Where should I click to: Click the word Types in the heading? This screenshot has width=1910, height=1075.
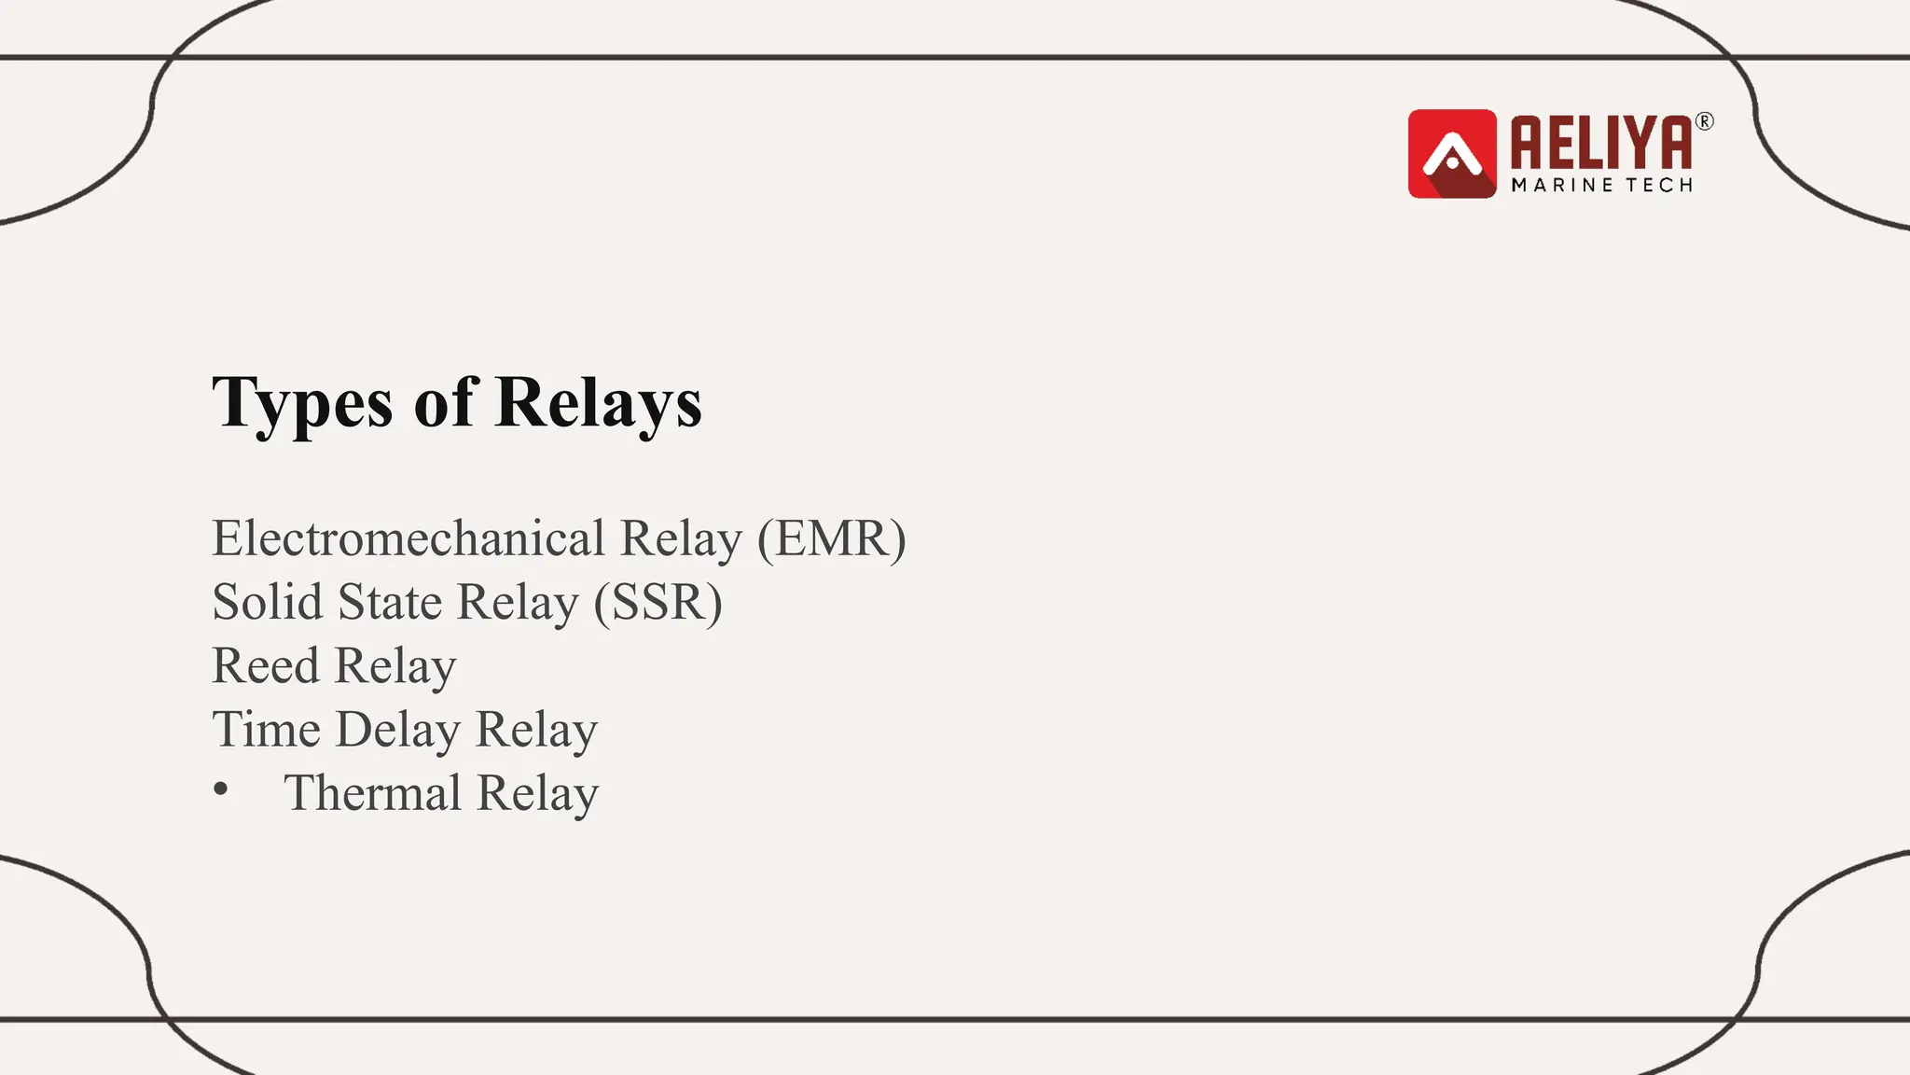tap(302, 403)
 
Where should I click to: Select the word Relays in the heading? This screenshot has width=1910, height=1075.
tap(598, 403)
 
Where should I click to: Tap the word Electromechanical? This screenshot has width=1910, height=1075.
tap(408, 538)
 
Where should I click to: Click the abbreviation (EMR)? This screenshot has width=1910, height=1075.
tap(831, 538)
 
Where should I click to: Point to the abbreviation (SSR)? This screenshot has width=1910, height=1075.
tap(657, 602)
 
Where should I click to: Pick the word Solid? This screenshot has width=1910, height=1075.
tap(267, 602)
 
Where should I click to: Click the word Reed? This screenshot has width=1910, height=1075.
tap(266, 665)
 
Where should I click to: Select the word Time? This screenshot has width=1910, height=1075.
tap(266, 729)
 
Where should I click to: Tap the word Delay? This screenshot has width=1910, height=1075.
tap(397, 730)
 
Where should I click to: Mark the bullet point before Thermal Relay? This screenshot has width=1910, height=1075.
tap(221, 790)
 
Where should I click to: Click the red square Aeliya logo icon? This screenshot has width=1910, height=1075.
tap(1451, 154)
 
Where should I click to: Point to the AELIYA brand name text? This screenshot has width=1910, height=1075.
tap(1600, 144)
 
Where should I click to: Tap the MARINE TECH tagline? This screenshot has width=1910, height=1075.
tap(1601, 186)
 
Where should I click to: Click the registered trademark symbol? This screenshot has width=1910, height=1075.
tap(1704, 121)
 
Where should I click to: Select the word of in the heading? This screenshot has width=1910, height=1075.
tap(446, 403)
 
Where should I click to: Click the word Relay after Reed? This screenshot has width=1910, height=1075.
tap(395, 666)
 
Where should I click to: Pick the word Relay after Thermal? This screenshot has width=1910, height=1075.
tap(537, 794)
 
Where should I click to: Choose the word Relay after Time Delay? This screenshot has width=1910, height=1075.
tap(536, 730)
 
